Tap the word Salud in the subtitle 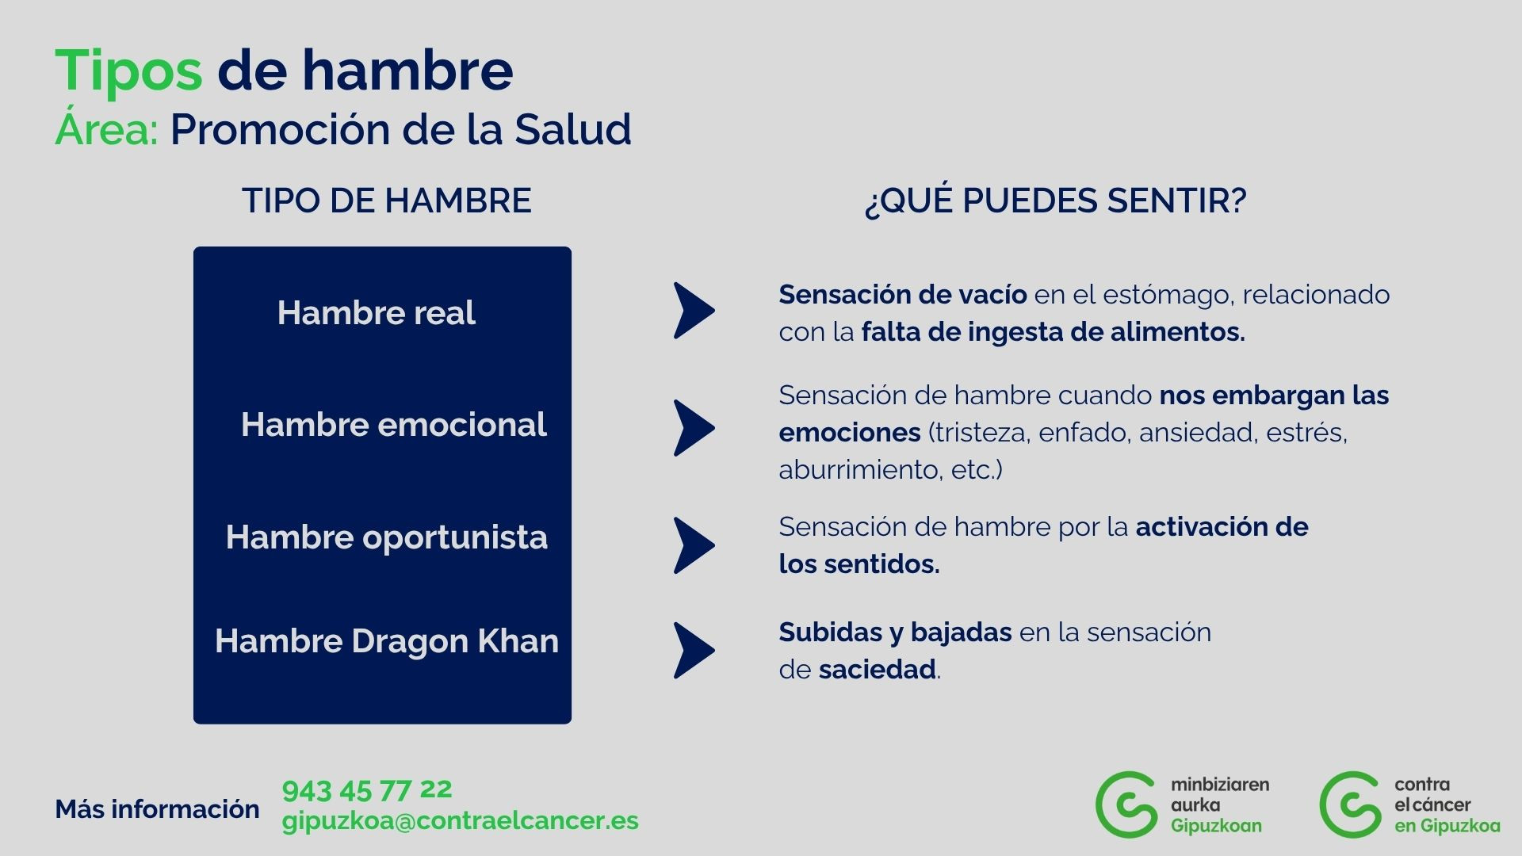tap(573, 129)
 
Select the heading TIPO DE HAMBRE tap(387, 201)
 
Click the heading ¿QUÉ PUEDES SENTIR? tap(1056, 201)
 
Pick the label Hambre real tap(377, 312)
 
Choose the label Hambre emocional tap(394, 425)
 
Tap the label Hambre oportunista tap(387, 537)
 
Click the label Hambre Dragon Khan tap(387, 641)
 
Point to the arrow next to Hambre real tap(694, 311)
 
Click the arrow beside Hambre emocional tap(694, 428)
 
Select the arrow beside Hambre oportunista tap(694, 545)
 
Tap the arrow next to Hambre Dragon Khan tap(694, 650)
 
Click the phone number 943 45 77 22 tap(367, 790)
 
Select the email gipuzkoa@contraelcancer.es tap(461, 821)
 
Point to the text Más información tap(158, 809)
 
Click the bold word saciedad tap(878, 670)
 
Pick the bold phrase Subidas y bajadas tap(896, 632)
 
